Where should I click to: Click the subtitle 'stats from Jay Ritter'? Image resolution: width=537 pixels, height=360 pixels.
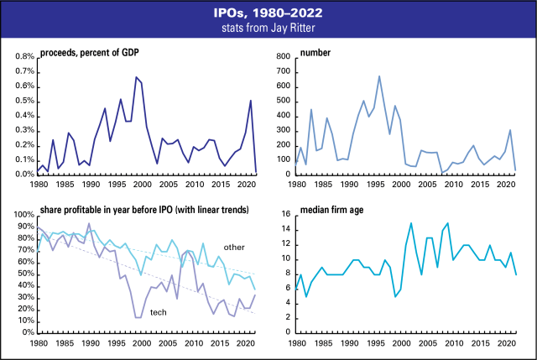[268, 29]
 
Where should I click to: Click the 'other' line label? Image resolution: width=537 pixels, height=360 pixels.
[234, 247]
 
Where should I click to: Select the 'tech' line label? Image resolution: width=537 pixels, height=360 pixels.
[157, 312]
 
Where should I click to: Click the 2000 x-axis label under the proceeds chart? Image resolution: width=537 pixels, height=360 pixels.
[142, 184]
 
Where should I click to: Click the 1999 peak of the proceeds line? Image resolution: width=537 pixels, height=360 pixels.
[136, 77]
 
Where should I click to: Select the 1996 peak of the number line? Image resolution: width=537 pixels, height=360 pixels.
[379, 76]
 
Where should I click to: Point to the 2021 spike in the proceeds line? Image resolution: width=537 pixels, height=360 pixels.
[250, 101]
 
